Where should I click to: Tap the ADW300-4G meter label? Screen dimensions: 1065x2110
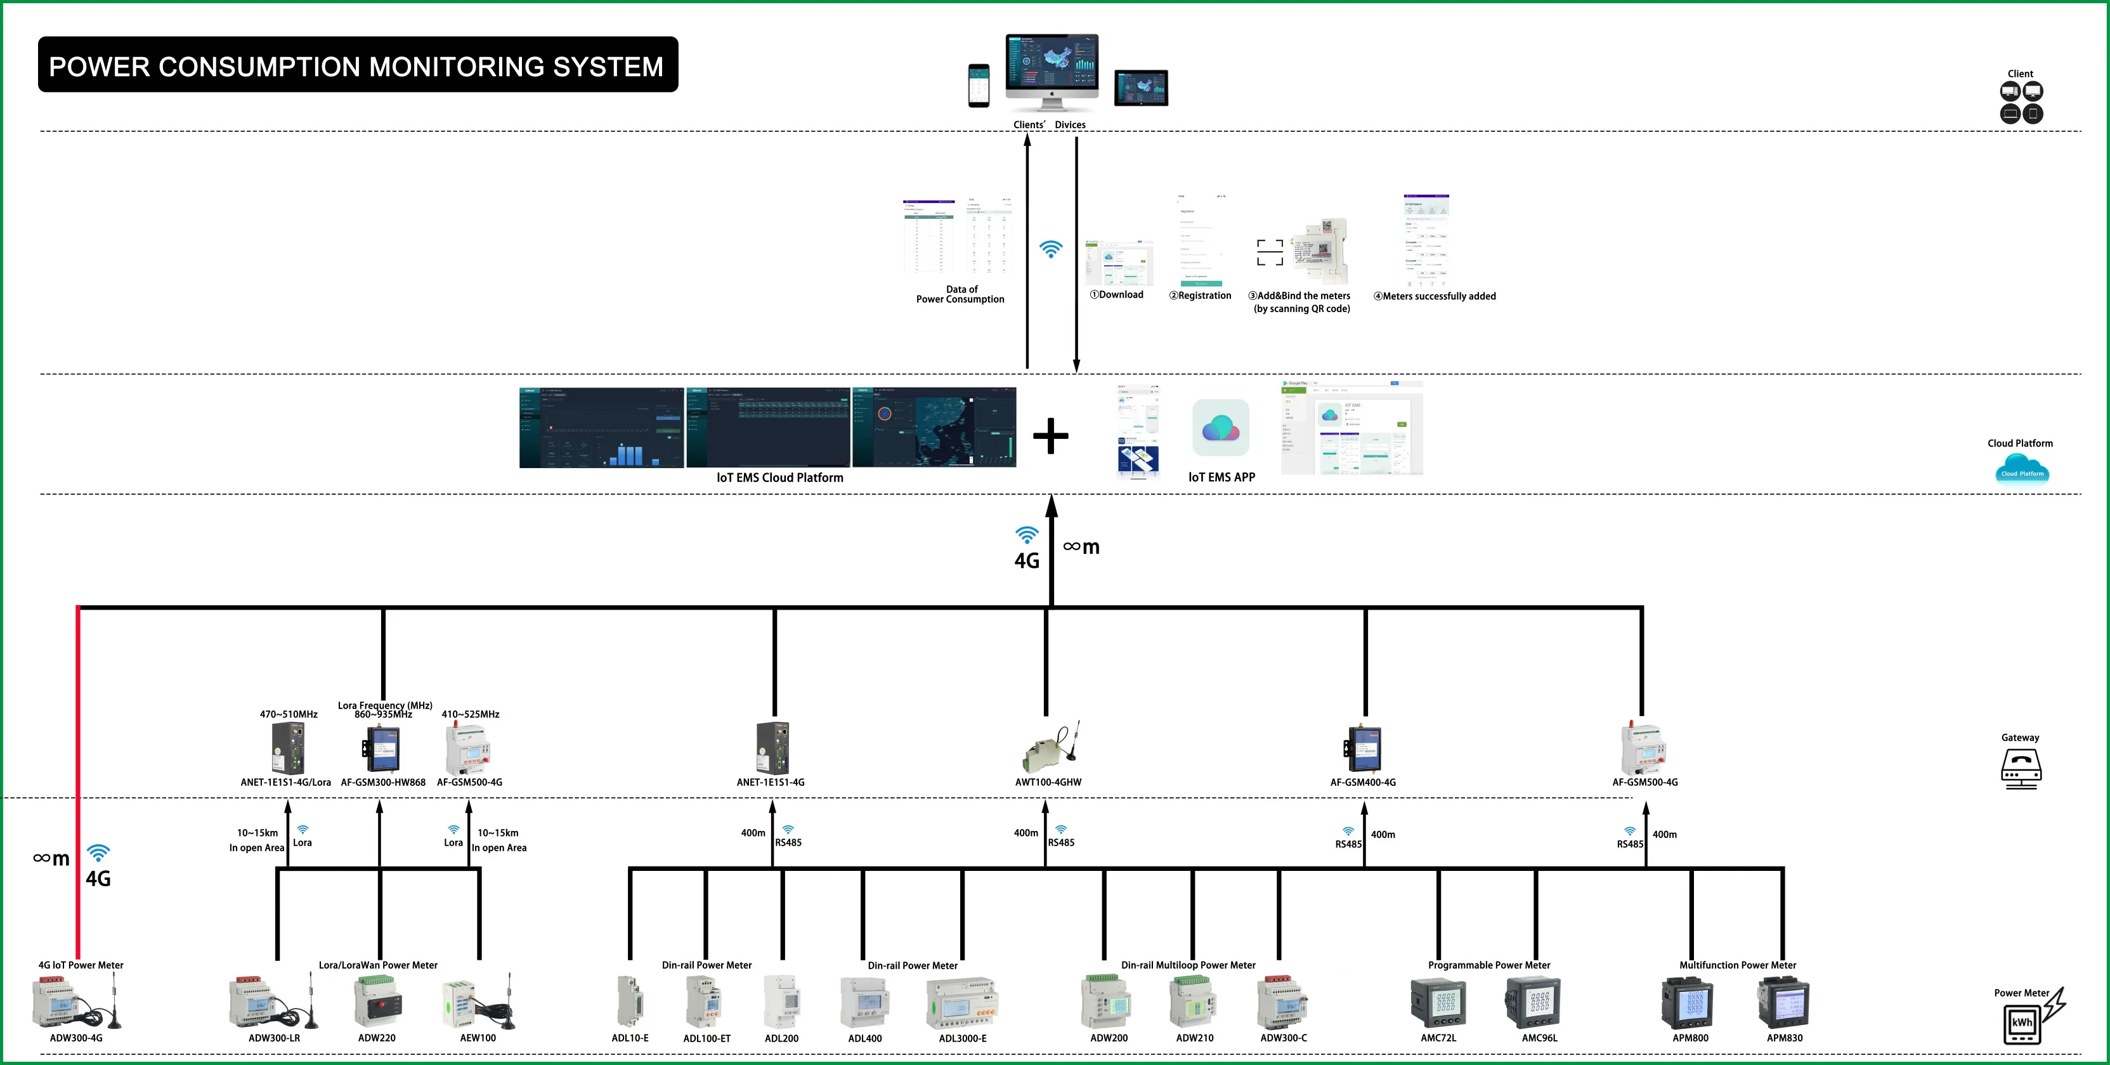pos(76,1038)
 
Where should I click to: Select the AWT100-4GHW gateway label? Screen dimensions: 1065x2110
pos(1048,782)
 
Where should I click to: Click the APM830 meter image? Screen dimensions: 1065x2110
pos(1783,1003)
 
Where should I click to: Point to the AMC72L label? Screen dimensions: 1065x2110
pos(1438,1038)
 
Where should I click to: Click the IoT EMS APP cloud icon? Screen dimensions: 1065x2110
pos(1220,428)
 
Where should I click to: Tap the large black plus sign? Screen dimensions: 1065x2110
pos(1051,436)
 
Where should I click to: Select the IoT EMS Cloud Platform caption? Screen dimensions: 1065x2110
pos(779,478)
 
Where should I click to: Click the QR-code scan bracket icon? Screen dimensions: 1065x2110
pos(1270,252)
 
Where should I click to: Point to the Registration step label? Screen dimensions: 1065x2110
pos(1200,296)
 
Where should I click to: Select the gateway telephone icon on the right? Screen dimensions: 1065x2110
pos(2021,768)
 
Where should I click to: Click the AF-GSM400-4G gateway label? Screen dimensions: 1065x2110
pos(1363,782)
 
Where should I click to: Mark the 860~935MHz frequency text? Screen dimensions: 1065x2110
pos(383,714)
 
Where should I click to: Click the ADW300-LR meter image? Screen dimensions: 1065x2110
pos(273,1003)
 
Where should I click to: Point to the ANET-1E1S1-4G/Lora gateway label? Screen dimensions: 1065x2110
pos(285,782)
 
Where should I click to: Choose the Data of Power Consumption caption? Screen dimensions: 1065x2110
pos(960,294)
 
